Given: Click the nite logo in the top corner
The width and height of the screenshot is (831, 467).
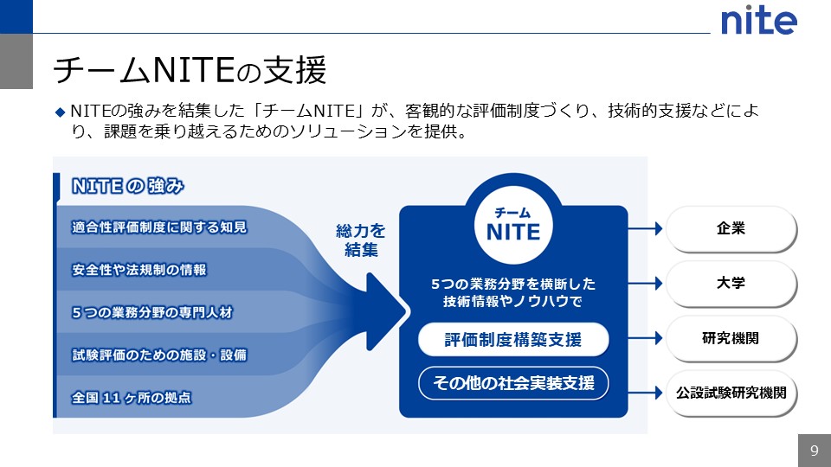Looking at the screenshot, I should click(758, 20).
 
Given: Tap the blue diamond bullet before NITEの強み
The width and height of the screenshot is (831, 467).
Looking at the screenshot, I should click(60, 112).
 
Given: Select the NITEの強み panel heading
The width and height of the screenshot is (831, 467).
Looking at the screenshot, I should click(129, 186).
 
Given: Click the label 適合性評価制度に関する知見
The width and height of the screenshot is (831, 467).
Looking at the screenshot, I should click(159, 227).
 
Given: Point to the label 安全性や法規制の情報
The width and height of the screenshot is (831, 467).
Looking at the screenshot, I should click(139, 270).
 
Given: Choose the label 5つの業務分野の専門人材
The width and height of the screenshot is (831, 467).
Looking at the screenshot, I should click(152, 312).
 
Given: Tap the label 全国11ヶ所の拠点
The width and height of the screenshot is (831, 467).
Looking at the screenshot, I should click(132, 398).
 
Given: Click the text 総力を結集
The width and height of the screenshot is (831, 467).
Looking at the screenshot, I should click(360, 241).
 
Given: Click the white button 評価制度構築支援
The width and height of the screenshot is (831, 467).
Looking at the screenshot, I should click(513, 340).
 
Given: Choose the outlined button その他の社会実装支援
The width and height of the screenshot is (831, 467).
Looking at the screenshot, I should click(513, 383).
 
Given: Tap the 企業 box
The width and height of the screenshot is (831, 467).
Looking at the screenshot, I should click(731, 229).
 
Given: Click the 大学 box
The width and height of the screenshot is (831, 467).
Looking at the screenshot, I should click(731, 284).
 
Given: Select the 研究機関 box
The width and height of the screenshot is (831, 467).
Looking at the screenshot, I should click(731, 338).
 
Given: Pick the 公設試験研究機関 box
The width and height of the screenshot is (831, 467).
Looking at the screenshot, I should click(731, 393).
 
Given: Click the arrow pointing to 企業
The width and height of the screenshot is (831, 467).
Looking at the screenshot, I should click(645, 229).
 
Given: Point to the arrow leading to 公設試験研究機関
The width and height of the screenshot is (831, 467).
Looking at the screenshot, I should click(645, 393).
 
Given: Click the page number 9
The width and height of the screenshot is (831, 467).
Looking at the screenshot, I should click(814, 451).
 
